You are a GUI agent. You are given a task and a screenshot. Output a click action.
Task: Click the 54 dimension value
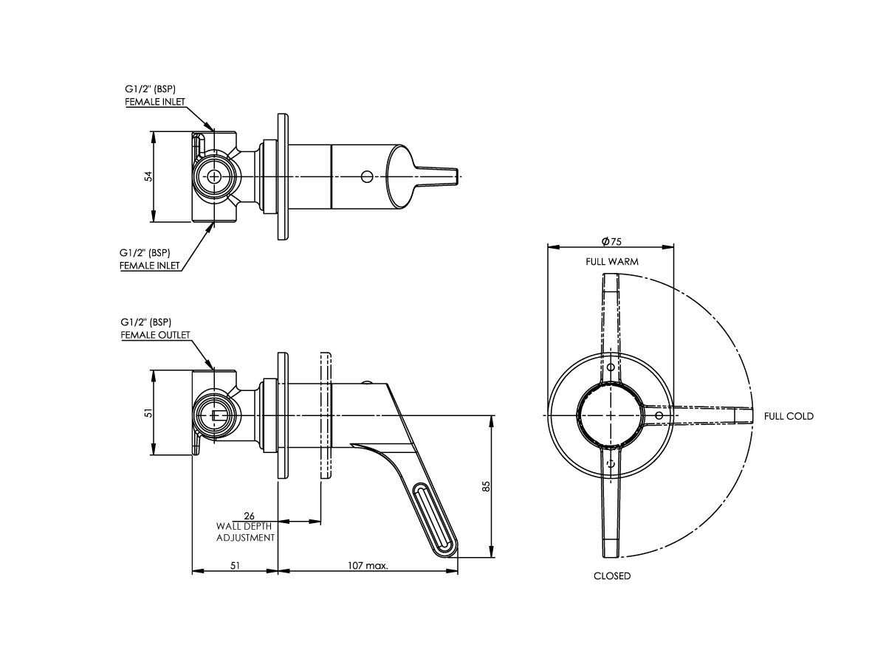(x=148, y=176)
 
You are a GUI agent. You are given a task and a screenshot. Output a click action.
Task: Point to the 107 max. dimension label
(x=368, y=566)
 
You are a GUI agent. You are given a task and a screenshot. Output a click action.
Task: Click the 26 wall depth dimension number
(x=249, y=516)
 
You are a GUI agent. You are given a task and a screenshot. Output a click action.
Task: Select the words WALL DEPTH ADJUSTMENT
(x=245, y=532)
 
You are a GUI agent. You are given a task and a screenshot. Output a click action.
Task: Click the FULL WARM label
(x=612, y=261)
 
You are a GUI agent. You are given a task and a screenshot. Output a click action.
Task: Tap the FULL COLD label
(x=789, y=416)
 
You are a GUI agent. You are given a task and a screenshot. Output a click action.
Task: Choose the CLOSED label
(x=612, y=575)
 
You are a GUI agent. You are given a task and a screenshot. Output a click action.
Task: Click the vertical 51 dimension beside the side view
(x=148, y=414)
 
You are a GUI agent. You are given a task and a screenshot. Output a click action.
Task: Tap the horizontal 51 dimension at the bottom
(x=235, y=566)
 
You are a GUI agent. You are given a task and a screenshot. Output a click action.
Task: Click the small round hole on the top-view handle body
(x=366, y=176)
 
